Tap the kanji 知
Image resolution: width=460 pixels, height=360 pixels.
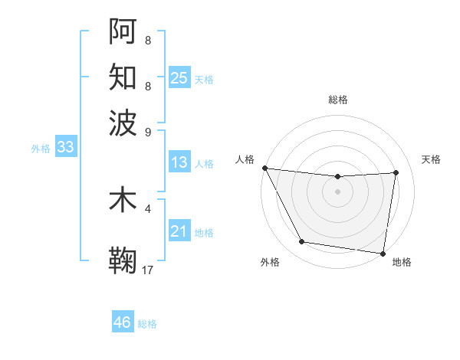123,76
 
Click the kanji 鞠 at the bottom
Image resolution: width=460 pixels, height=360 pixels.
123,260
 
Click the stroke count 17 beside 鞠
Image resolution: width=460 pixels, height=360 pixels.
148,269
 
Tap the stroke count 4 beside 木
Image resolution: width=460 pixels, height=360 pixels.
148,208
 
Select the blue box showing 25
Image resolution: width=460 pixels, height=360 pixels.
179,77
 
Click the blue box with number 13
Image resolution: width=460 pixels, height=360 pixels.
179,162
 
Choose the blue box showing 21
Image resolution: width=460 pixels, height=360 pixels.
179,231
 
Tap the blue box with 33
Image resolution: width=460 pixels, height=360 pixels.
65,148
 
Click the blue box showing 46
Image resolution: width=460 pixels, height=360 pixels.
123,322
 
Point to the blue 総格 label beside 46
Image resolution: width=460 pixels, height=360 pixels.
147,324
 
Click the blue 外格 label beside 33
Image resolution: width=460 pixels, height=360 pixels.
41,149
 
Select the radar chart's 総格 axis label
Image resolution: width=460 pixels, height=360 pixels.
337,100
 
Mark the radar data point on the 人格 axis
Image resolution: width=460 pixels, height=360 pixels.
264,168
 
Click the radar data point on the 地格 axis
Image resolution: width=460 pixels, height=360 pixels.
383,253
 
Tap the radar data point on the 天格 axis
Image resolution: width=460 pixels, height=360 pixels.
396,172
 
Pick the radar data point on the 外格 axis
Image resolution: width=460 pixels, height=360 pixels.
301,242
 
